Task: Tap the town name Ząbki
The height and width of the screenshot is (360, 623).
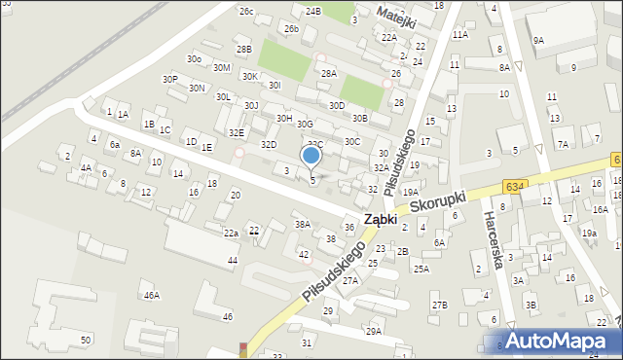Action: click(380, 220)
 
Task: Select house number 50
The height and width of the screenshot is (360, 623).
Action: click(86, 340)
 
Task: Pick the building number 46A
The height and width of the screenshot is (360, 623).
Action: click(151, 295)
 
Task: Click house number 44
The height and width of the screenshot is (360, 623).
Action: click(232, 261)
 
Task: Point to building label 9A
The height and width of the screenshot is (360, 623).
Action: click(538, 40)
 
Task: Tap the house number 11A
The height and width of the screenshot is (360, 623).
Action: click(459, 34)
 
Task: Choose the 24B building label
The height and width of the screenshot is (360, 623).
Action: click(312, 11)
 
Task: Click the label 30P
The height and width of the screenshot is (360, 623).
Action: click(169, 79)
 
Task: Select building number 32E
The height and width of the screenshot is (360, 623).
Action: click(237, 132)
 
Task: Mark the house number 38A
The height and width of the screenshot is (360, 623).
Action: click(303, 224)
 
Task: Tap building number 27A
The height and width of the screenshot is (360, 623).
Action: click(350, 280)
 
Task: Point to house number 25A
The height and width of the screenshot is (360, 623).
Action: click(421, 269)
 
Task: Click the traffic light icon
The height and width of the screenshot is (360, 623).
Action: click(241, 349)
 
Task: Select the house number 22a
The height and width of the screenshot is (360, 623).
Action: click(231, 234)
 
